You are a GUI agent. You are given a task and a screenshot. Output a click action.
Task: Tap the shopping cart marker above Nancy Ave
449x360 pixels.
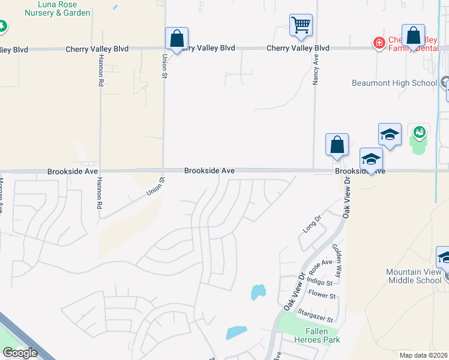[x=301, y=26]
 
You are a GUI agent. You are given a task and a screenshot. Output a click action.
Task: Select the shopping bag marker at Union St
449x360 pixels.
[x=177, y=39]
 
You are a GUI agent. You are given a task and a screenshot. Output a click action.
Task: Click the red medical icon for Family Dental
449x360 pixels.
[x=379, y=42]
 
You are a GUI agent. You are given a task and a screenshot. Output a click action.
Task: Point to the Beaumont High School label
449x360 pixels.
[x=394, y=83]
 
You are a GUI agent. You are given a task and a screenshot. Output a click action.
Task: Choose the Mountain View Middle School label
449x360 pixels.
[x=415, y=276]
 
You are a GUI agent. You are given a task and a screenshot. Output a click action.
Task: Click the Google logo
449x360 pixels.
[x=20, y=353]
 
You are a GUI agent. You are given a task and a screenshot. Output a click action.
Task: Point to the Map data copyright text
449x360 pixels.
[x=424, y=355]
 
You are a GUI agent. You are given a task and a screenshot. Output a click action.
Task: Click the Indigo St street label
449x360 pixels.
[x=319, y=282]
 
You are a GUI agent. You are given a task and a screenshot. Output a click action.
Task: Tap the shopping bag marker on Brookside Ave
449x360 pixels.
[x=337, y=145]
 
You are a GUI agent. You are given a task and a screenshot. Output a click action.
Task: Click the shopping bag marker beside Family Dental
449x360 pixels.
[x=413, y=36]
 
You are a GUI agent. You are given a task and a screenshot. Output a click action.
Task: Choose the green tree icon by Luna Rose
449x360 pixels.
[x=2, y=26]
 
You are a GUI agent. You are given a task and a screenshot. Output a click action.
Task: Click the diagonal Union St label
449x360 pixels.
[x=155, y=187]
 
